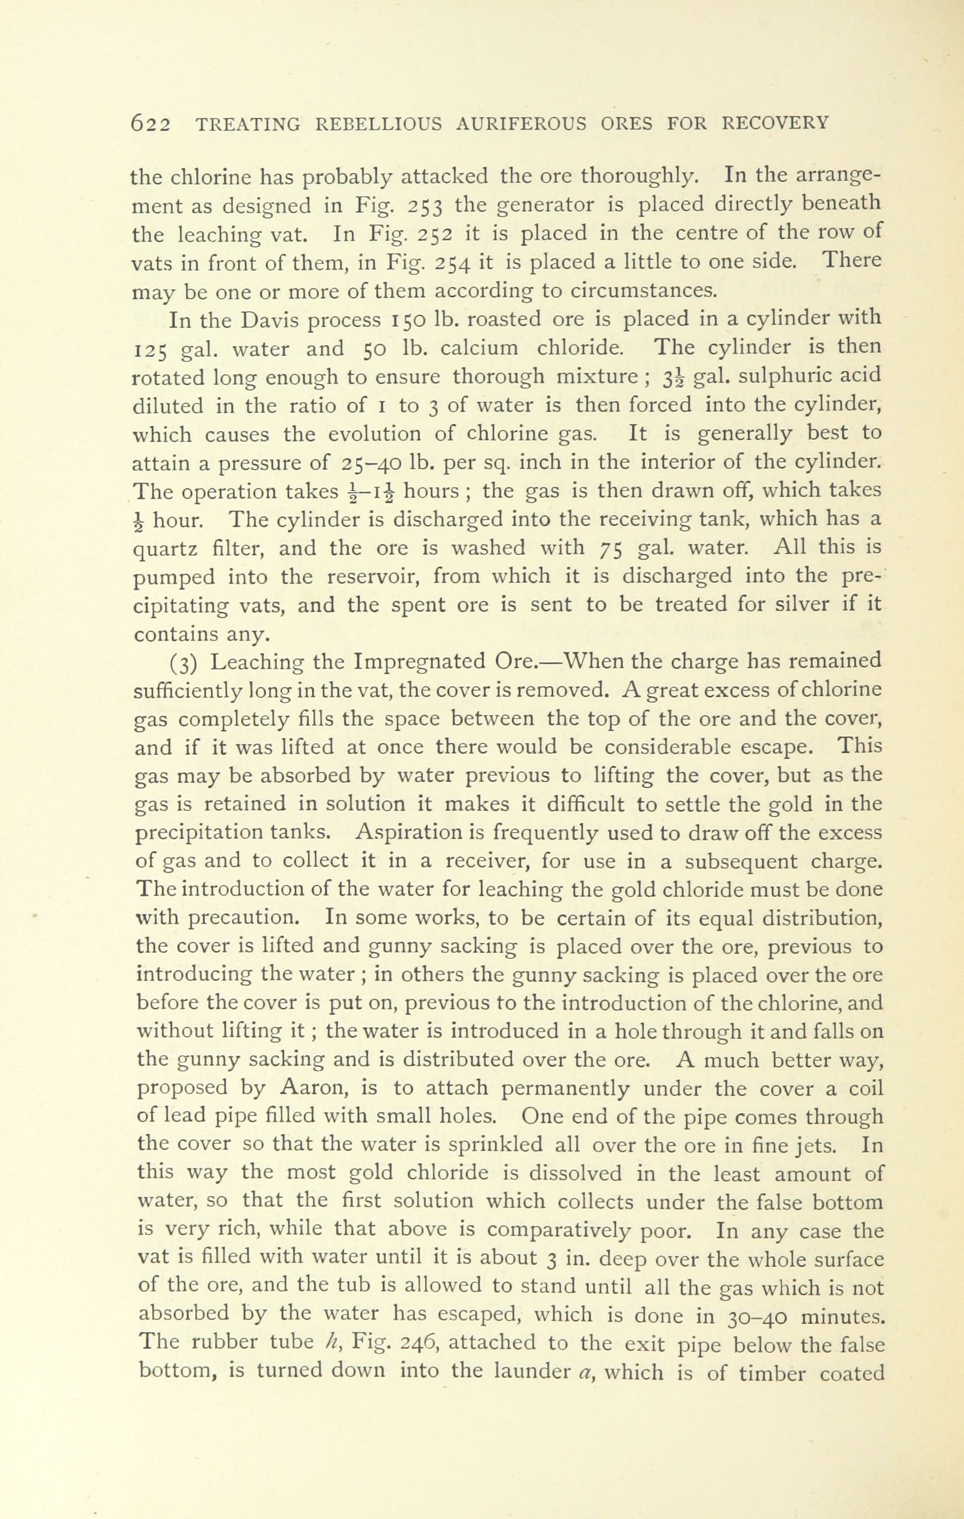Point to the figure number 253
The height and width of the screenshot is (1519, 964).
[x=428, y=206]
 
